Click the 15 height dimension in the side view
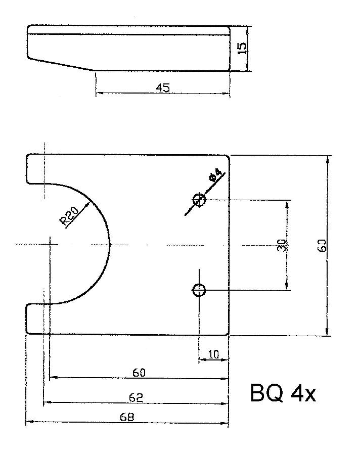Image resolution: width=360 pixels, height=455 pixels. point(243,48)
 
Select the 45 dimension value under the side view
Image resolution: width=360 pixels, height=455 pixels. point(162,87)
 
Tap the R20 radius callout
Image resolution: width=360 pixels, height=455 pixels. point(69,216)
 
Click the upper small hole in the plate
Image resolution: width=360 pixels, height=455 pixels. point(199,200)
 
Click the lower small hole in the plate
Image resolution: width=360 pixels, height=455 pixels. point(199,290)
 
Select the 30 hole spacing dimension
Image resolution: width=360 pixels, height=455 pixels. point(282,245)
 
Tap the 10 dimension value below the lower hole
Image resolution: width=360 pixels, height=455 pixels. point(213,354)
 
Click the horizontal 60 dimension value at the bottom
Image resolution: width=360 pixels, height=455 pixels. point(139,373)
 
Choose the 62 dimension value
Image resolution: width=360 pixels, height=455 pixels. point(136,398)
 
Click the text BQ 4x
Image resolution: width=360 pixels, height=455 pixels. point(283,394)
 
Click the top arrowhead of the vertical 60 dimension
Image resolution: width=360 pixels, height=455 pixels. point(328,160)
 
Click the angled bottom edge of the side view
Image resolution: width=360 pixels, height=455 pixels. point(61,64)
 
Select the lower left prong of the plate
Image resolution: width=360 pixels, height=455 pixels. point(35,319)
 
